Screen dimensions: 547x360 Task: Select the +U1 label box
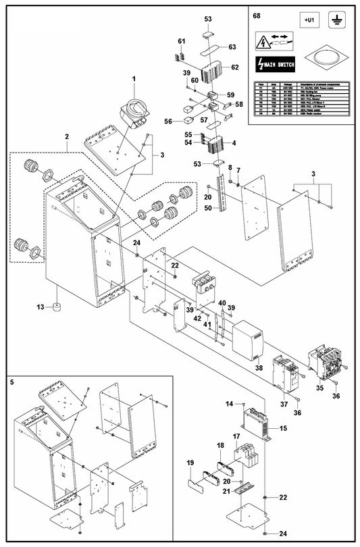(308, 22)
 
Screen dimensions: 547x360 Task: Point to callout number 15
(283, 428)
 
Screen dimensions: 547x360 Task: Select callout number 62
(235, 68)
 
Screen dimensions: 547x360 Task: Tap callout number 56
(170, 122)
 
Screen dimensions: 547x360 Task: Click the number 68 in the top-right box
(256, 15)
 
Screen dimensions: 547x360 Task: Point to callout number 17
(236, 437)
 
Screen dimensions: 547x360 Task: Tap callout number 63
(232, 47)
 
